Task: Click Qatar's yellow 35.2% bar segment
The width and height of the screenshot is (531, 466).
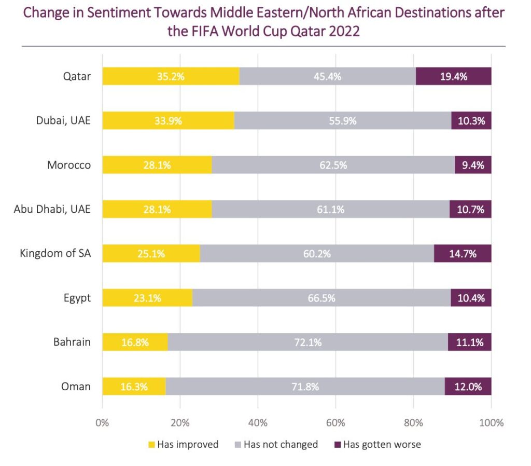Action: tap(171, 76)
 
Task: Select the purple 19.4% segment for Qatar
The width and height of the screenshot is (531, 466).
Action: tap(453, 76)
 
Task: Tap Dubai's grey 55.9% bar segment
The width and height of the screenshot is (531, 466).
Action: tap(343, 121)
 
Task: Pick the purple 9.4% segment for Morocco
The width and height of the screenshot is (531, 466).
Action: tap(473, 165)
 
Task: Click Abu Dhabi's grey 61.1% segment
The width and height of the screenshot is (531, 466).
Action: tap(331, 209)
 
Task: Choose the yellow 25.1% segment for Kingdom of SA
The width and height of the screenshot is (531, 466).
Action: tap(151, 254)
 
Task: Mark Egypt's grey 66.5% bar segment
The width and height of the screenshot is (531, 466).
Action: tap(322, 298)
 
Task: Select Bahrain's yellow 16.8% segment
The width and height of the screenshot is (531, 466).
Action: tap(135, 342)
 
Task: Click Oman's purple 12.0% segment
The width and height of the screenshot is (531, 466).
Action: tap(468, 387)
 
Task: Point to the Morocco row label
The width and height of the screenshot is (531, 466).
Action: tap(69, 165)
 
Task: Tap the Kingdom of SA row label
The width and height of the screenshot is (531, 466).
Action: tap(55, 253)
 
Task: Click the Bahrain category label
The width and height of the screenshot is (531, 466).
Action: tap(72, 342)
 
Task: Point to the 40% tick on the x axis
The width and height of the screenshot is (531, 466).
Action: tap(258, 422)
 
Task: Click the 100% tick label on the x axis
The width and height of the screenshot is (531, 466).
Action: tap(492, 422)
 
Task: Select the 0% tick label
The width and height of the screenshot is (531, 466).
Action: tap(102, 422)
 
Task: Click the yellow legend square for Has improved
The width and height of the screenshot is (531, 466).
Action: tap(151, 445)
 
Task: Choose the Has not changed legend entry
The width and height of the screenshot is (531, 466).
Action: tap(276, 445)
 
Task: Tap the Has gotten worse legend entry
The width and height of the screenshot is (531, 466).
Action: tap(378, 445)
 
